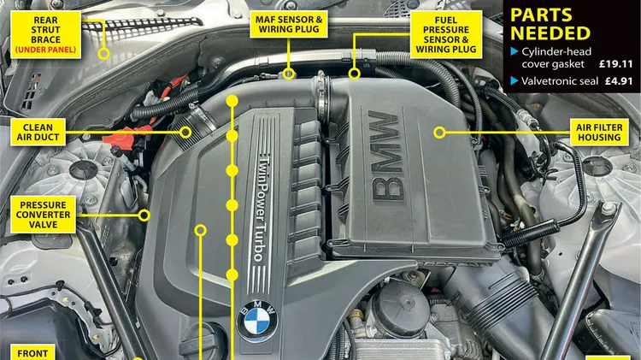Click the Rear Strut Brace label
[45, 35]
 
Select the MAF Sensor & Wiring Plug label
[289, 25]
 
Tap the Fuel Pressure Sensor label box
[445, 35]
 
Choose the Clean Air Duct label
[38, 133]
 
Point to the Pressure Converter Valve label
[43, 215]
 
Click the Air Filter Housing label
[599, 133]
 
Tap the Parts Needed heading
[550, 25]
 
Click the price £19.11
[616, 64]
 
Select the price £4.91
[619, 81]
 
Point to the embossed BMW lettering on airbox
[386, 156]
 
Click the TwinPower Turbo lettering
[260, 209]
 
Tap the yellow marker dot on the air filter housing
[439, 133]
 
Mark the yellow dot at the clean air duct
[185, 133]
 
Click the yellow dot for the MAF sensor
[289, 74]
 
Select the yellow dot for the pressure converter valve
[144, 215]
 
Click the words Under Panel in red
[45, 50]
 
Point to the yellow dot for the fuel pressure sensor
[355, 74]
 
